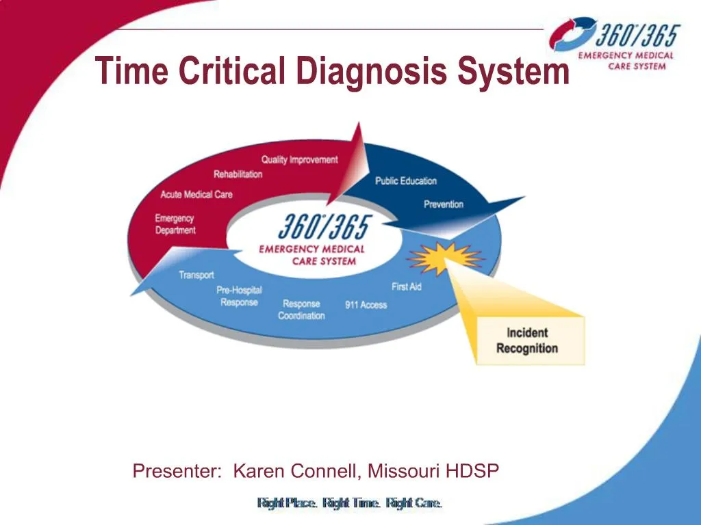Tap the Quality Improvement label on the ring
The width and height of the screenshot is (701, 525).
[x=299, y=160]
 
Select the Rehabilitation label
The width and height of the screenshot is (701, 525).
[x=238, y=174]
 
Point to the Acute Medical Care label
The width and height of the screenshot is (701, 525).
[x=196, y=195]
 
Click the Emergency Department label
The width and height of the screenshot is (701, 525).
[x=175, y=224]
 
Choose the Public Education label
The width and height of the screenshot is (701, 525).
[x=405, y=181]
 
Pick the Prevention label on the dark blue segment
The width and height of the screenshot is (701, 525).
[x=443, y=204]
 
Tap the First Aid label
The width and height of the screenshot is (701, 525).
[x=406, y=286]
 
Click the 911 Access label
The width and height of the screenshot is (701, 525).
[x=366, y=305]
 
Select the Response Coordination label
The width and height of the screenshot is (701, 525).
[x=301, y=310]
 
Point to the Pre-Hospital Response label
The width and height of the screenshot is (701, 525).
[x=239, y=296]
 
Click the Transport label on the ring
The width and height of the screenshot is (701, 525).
[x=196, y=275]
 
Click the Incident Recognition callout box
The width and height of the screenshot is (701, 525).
[x=527, y=340]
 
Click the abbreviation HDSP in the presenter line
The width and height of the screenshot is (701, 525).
[x=472, y=471]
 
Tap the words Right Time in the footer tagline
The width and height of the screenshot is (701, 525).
[x=350, y=503]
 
